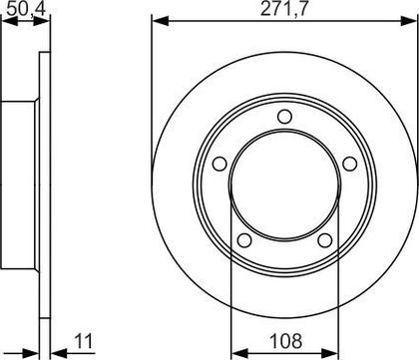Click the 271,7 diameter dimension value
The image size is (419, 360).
point(284,9)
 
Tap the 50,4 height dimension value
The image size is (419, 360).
point(25,9)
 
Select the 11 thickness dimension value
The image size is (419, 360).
point(84,341)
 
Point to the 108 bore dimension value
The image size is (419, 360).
point(285,341)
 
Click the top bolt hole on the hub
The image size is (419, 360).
point(284,117)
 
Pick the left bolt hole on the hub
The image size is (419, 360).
point(219,164)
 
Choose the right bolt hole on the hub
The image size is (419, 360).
point(350,164)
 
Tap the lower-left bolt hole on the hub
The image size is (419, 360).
point(244,240)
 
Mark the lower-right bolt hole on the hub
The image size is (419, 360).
point(325,240)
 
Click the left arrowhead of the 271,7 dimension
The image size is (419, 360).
point(161,22)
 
